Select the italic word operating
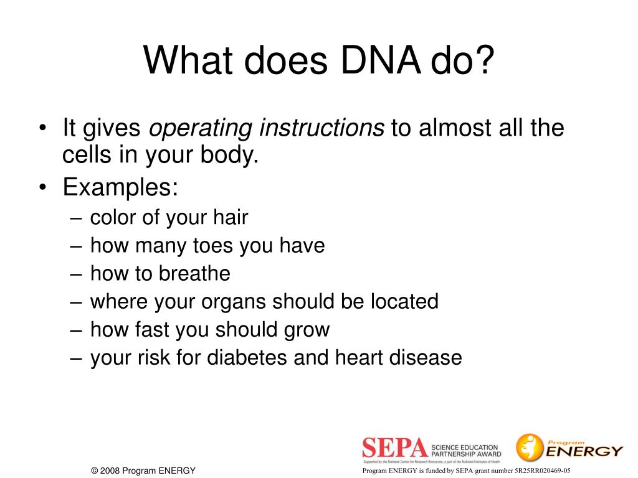point(201,129)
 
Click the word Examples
point(120,187)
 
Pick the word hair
point(230,217)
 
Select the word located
point(404,301)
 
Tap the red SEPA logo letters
point(395,449)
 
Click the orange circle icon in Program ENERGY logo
point(530,447)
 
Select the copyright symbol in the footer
point(95,471)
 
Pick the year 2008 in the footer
point(110,471)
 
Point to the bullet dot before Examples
point(42,187)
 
